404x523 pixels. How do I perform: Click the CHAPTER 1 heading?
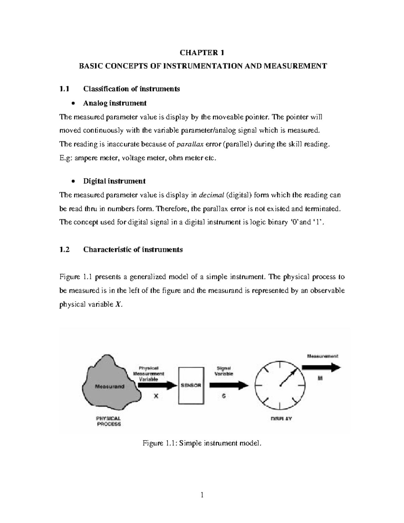202,53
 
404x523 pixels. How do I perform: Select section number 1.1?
64,89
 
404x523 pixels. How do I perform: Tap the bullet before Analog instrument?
73,103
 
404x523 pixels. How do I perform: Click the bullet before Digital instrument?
73,181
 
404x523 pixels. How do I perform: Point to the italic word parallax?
190,144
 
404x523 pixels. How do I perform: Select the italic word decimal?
212,195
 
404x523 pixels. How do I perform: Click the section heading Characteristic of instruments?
133,250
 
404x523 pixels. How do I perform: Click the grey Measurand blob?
110,386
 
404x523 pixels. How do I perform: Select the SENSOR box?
191,386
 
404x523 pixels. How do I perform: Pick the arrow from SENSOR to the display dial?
229,386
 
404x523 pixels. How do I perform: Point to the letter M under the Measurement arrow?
320,379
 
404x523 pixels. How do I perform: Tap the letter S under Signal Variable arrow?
224,396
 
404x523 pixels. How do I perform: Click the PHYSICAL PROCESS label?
109,421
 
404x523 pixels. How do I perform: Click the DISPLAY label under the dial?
281,419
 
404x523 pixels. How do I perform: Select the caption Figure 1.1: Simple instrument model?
202,443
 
